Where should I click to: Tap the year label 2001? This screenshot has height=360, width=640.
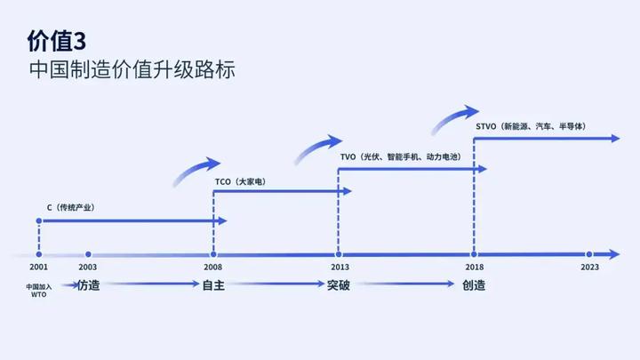[38, 268]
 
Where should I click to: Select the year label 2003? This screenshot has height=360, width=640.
[87, 268]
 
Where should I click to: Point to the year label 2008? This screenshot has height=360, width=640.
[213, 268]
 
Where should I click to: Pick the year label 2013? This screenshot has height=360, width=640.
[339, 268]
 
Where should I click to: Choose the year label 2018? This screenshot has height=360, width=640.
[474, 268]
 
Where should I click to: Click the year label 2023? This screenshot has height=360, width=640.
[589, 268]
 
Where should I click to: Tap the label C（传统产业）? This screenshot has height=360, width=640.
[71, 207]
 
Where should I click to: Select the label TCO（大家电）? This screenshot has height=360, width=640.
[240, 181]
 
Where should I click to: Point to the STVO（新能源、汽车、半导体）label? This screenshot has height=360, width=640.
[531, 127]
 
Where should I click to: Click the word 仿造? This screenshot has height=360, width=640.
[88, 285]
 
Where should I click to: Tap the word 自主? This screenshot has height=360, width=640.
[213, 285]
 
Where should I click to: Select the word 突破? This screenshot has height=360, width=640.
[339, 285]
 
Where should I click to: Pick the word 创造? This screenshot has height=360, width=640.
[474, 285]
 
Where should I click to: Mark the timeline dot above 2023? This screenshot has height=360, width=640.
[589, 254]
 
